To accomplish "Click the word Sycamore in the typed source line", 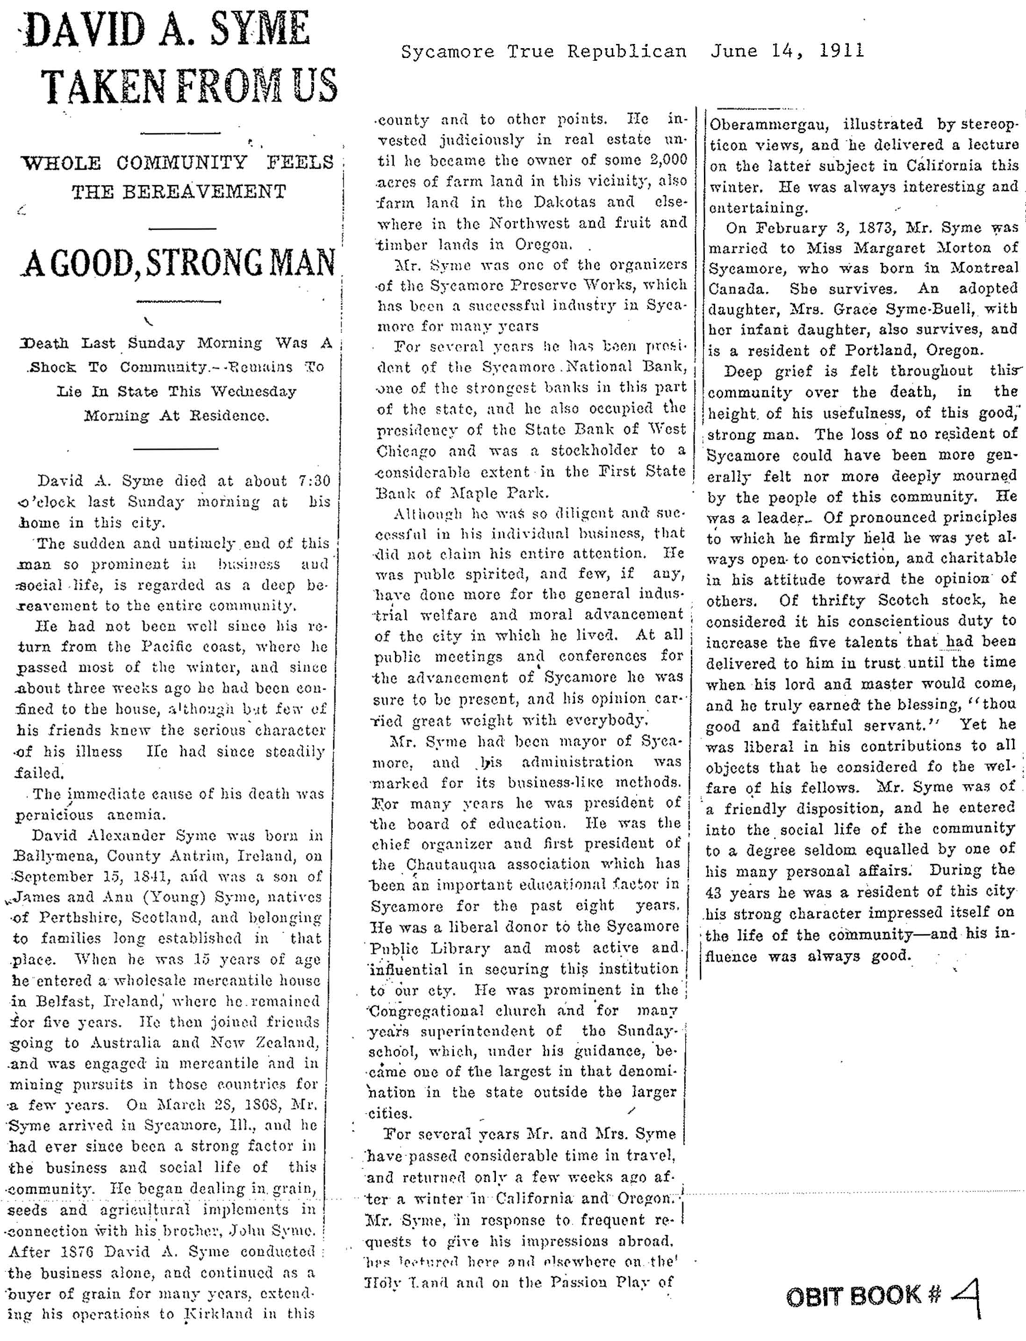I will pyautogui.click(x=447, y=51).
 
